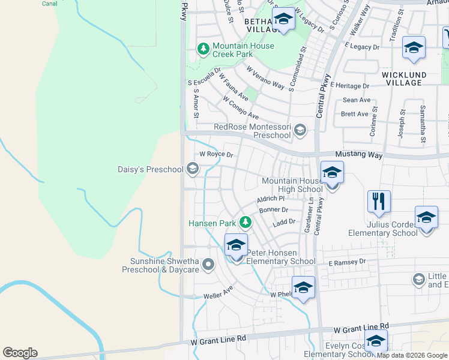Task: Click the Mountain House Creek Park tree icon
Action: click(204, 48)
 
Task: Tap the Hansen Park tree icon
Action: click(245, 223)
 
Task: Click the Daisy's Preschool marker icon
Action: click(193, 169)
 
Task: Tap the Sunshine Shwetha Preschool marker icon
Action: click(208, 264)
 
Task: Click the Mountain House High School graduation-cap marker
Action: click(331, 173)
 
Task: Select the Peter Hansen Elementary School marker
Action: click(237, 245)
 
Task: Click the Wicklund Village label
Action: click(404, 79)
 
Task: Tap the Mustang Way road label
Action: click(358, 155)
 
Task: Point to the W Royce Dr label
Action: click(216, 154)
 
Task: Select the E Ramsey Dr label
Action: click(347, 262)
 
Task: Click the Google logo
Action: click(20, 353)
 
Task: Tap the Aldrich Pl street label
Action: click(270, 199)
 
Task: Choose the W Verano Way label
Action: click(265, 77)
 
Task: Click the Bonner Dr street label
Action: click(274, 210)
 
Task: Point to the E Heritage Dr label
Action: click(348, 86)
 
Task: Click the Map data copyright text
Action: click(412, 356)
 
